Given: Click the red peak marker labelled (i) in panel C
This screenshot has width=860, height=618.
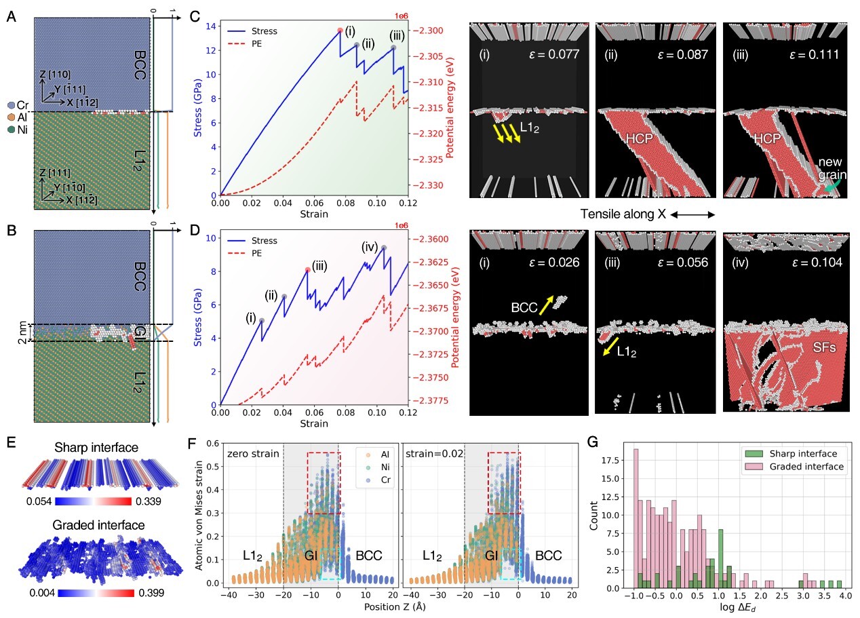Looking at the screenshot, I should point(340,30).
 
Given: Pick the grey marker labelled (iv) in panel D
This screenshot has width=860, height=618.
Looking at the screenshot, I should point(384,248).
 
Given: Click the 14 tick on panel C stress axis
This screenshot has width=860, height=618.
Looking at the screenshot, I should point(212,26).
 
